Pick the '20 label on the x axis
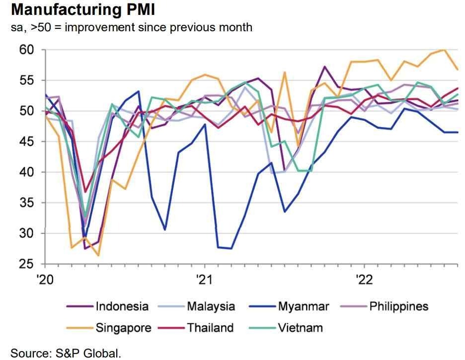[44, 279]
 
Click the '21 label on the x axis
[204, 279]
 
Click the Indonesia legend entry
[122, 306]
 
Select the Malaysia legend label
[211, 306]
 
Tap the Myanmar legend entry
[303, 306]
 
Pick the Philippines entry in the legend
[398, 306]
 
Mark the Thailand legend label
[210, 328]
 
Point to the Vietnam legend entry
[300, 328]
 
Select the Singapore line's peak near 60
[443, 50]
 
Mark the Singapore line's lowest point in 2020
[98, 255]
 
